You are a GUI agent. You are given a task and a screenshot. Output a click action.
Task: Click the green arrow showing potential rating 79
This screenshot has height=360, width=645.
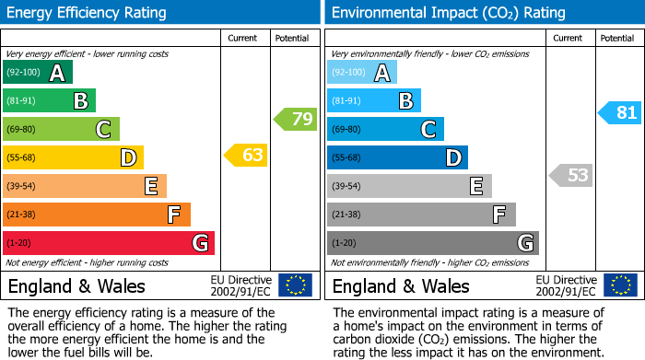coord(296,119)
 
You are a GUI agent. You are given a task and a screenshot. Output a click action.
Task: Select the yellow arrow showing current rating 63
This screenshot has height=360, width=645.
coord(246,156)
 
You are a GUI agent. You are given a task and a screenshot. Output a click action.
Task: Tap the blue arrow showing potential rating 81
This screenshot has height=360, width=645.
coord(619,113)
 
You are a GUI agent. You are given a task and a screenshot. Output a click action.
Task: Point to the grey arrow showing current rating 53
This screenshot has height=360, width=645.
coord(571,175)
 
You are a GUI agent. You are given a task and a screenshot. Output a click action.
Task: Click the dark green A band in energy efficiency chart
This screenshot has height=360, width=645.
coord(38,73)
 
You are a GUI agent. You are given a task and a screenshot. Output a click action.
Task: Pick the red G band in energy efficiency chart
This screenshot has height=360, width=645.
coord(109,243)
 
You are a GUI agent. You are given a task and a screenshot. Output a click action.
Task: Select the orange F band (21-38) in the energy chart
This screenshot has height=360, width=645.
coord(97,215)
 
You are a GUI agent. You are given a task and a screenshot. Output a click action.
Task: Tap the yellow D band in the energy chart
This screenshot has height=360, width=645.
coord(73,157)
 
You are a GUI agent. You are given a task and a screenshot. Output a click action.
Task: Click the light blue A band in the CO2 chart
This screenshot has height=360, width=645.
coord(362,73)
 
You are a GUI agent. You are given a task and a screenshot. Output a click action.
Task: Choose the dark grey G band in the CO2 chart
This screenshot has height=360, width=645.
coord(432,243)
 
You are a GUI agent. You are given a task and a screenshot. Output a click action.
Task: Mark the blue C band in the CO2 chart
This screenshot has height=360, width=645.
coord(385,129)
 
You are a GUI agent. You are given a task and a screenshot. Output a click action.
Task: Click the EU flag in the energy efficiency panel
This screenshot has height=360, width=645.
coord(295,285)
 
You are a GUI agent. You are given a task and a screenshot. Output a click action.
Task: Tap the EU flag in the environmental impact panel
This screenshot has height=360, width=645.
coord(621,285)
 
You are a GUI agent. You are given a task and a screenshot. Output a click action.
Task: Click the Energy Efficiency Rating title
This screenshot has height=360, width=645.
coord(88,13)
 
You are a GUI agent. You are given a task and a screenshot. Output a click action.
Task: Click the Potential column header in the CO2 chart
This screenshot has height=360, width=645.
coord(617,38)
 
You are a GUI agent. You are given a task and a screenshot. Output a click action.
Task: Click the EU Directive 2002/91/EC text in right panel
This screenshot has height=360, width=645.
coord(565,285)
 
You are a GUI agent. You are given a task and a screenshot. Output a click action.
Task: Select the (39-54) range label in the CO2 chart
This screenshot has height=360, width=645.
coord(346,186)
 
